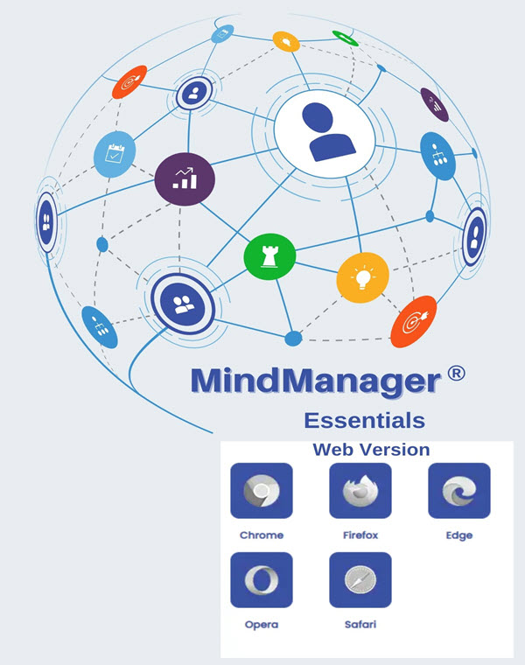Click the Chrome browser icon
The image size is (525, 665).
[261, 491]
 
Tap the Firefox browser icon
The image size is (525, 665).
[360, 491]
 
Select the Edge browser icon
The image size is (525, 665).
[458, 491]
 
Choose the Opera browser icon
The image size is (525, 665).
[261, 580]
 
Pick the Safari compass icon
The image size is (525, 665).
[360, 580]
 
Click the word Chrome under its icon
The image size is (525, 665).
[261, 535]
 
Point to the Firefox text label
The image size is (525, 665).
[360, 535]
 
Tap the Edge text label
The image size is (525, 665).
[458, 535]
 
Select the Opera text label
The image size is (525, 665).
[261, 624]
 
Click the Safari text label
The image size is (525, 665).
[360, 624]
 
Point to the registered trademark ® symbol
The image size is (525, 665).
[455, 374]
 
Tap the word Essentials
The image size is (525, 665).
[364, 420]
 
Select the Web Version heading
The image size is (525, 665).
[371, 450]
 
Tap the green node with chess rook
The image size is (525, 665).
[269, 255]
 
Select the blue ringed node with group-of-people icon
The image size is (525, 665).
[182, 303]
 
